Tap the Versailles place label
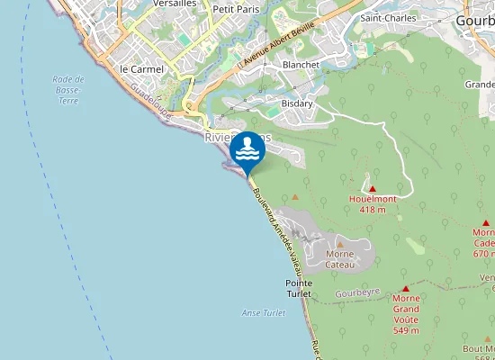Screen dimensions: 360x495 [x=176, y=4]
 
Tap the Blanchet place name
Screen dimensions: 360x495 [x=301, y=65]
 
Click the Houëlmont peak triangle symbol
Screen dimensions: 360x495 [x=372, y=187]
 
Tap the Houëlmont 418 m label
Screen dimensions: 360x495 [x=372, y=203]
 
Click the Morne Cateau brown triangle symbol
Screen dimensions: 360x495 [x=340, y=243]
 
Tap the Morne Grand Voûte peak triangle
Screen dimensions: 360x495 [x=406, y=287]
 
